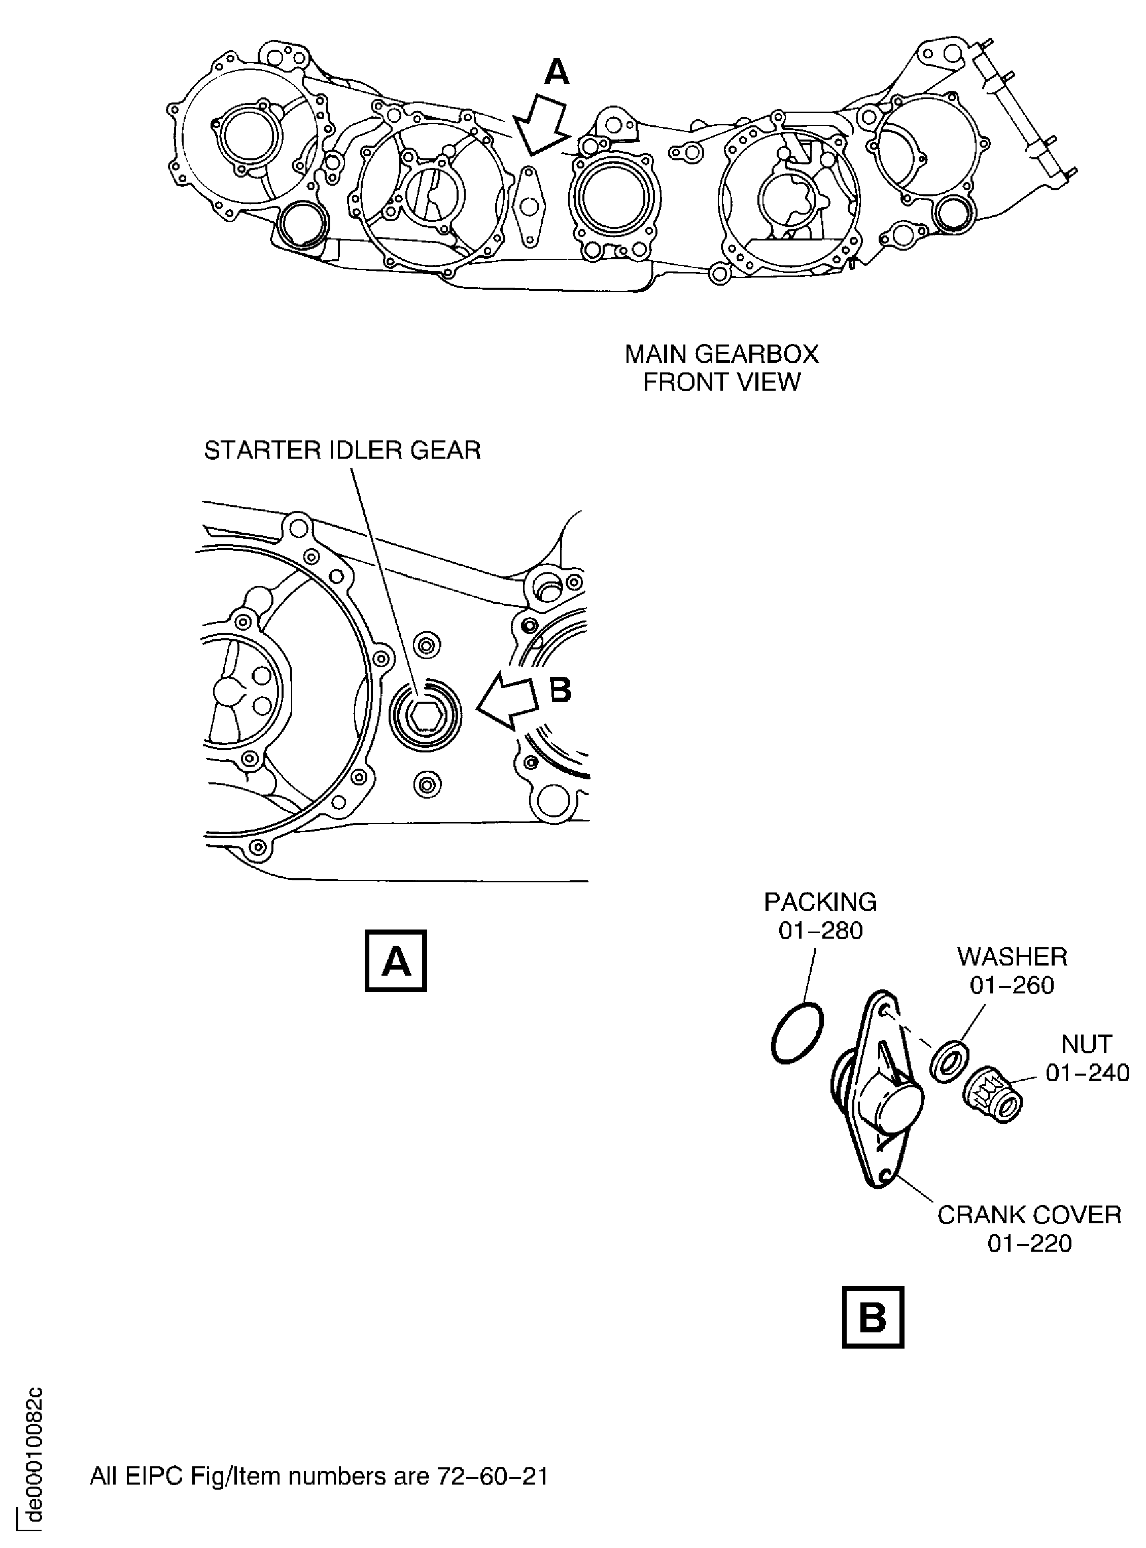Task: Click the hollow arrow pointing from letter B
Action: (x=508, y=702)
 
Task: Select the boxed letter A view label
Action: (x=395, y=961)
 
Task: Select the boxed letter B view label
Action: (x=872, y=1317)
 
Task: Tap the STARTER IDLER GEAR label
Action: (x=342, y=451)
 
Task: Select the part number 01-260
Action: (x=1012, y=985)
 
